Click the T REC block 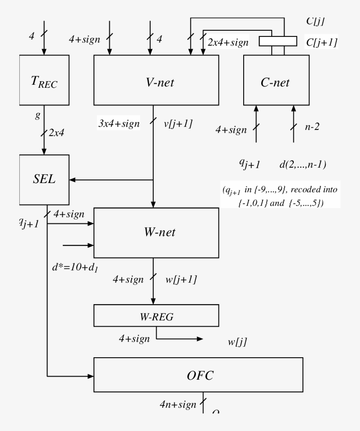[44, 80]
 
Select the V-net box [156, 80]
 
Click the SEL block [44, 180]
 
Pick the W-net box [156, 233]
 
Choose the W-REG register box [156, 316]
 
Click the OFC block [198, 374]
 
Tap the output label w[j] [237, 342]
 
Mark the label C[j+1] [321, 42]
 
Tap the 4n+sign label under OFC [178, 404]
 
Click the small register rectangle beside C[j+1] [277, 41]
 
